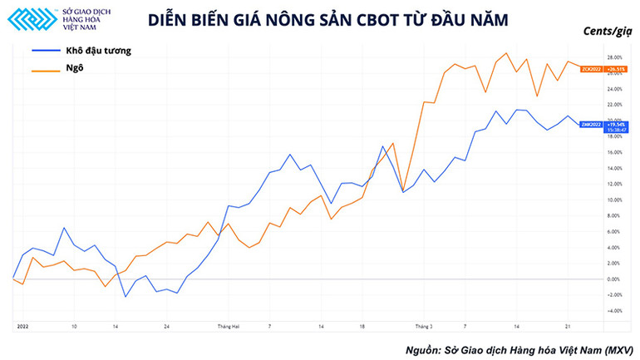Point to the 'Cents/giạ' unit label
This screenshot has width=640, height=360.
(x=608, y=33)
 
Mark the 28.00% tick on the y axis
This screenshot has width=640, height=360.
(x=616, y=57)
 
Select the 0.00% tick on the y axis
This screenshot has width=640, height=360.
(x=616, y=279)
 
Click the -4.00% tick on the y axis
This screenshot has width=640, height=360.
(x=616, y=311)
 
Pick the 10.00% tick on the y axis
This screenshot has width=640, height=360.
(x=616, y=200)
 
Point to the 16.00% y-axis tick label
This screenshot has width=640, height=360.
(x=616, y=152)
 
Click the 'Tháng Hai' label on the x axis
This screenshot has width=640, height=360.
(x=229, y=327)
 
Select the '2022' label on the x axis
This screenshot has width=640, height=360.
(x=22, y=327)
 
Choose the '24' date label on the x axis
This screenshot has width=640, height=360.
(x=167, y=327)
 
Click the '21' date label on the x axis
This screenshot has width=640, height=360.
(x=566, y=327)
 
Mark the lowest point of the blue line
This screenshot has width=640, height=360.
(x=126, y=297)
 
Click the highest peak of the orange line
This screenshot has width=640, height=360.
(x=506, y=53)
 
